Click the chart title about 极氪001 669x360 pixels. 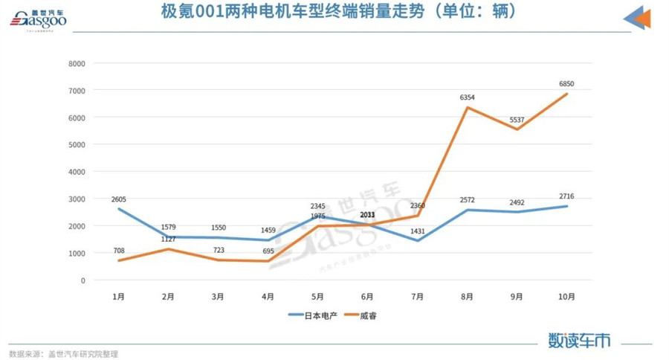[x=337, y=13]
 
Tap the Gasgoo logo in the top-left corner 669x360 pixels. [x=38, y=20]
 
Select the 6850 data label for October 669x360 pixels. [x=569, y=84]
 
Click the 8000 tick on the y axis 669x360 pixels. [x=77, y=63]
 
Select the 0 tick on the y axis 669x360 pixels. [x=83, y=280]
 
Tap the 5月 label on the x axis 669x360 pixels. [x=317, y=296]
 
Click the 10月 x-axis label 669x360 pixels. [x=566, y=296]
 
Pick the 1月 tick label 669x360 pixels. [x=118, y=296]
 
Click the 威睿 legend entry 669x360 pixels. [x=377, y=315]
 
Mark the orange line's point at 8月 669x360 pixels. [x=467, y=107]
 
